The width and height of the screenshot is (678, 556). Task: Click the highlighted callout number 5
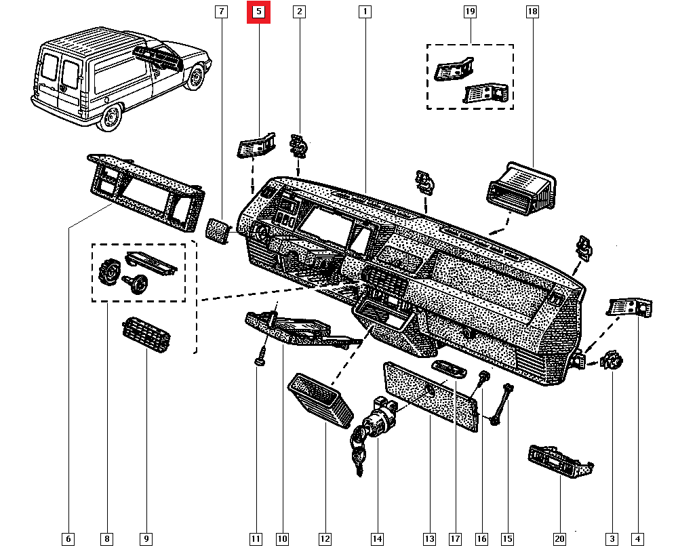tap(258, 12)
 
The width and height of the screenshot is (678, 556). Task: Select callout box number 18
tap(532, 12)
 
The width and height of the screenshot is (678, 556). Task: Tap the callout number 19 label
tap(469, 12)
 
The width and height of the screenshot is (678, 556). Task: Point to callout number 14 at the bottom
tap(377, 539)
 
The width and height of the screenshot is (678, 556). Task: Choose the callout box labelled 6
tap(68, 539)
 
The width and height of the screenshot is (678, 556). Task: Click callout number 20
tap(559, 539)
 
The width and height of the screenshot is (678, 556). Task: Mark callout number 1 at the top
tap(365, 12)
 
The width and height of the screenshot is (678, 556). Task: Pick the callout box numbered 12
tap(325, 539)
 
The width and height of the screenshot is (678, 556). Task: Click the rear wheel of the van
tap(109, 121)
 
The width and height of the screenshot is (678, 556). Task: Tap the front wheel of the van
tap(196, 77)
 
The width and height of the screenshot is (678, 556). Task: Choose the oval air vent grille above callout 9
tap(146, 335)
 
